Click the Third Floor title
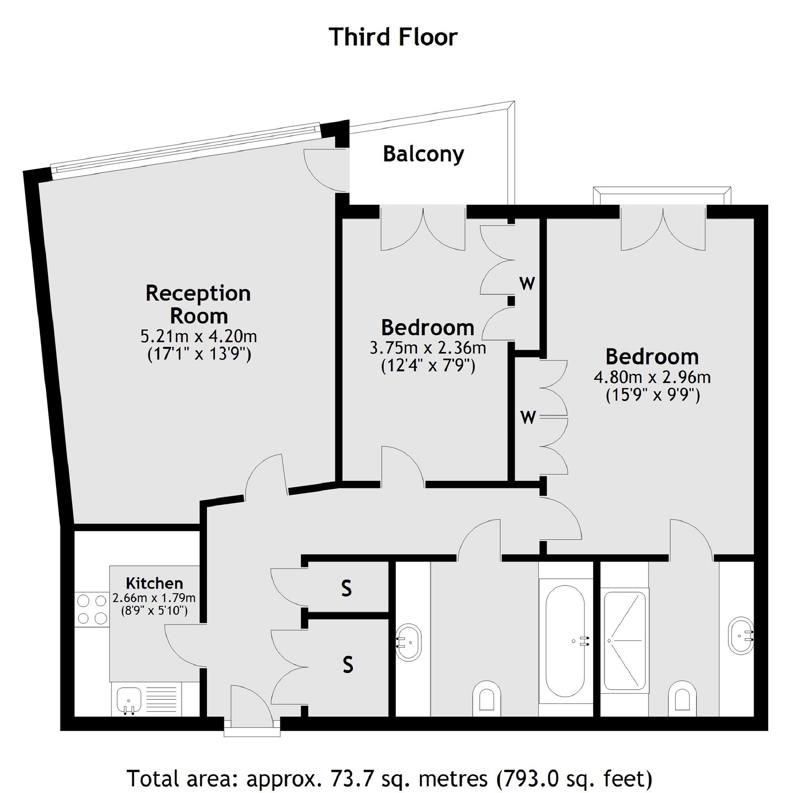click(393, 37)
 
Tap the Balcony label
click(423, 155)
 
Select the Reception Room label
click(198, 305)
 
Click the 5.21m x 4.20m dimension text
click(199, 336)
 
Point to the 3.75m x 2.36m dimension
click(428, 348)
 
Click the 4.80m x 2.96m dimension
click(652, 377)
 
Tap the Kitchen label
click(154, 583)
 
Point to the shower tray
click(625, 640)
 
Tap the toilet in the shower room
click(682, 697)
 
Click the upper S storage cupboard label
click(347, 589)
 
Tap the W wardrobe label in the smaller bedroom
click(527, 283)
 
